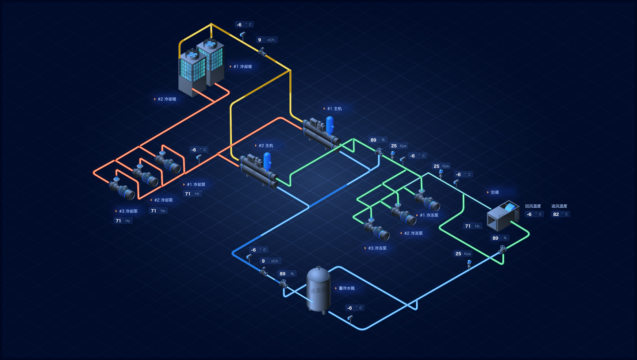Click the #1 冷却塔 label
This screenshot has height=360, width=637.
coord(242,66)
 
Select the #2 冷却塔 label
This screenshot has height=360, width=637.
coord(167,99)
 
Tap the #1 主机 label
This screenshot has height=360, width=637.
coord(334,108)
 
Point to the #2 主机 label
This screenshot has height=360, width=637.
coord(266,146)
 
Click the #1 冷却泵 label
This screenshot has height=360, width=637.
coord(196,184)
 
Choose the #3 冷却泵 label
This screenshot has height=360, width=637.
coord(128,211)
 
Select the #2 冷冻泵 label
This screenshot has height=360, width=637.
coord(413,233)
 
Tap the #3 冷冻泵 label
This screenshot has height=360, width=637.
coord(377,248)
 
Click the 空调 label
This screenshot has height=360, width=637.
coord(495,192)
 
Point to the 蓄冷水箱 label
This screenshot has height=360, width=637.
coord(346,288)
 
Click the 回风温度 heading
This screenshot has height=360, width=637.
coord(533,206)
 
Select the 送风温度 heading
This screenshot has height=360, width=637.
coord(559,206)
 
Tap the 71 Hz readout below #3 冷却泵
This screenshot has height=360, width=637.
coord(123,221)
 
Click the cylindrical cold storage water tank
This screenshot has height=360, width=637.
coord(318,289)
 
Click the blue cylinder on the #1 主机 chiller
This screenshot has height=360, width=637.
coord(330,125)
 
